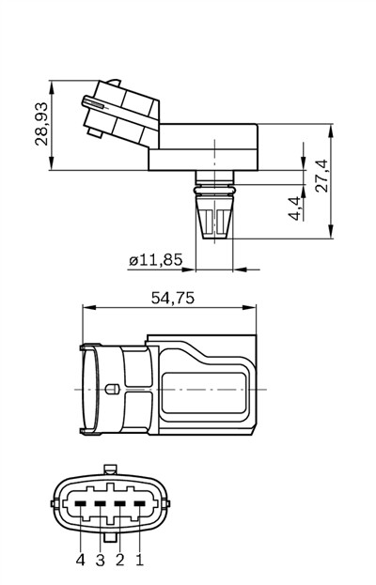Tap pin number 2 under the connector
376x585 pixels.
(119, 560)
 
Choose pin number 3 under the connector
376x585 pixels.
(100, 560)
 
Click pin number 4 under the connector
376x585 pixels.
(80, 560)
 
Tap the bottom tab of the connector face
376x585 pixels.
(110, 538)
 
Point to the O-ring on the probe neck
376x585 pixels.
(214, 191)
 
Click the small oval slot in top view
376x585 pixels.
(110, 389)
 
